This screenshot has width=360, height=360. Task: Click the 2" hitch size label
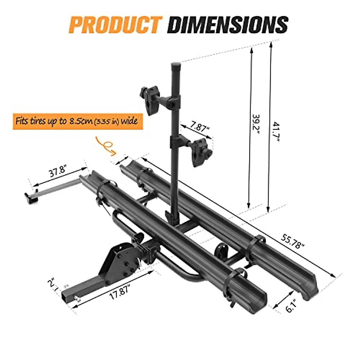coord(53,284)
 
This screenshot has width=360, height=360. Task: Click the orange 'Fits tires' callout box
coord(77,121)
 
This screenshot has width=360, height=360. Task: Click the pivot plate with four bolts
coord(122,257)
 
